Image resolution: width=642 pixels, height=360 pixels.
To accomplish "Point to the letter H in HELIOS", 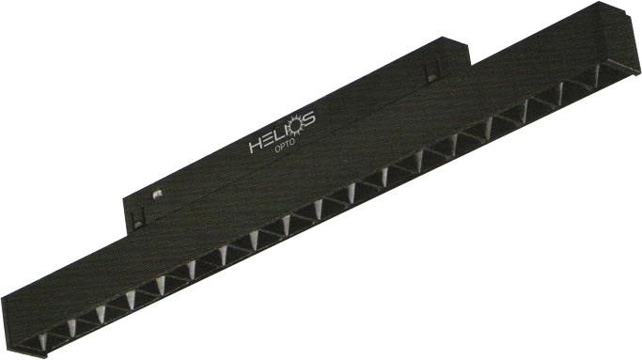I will [255, 146].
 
